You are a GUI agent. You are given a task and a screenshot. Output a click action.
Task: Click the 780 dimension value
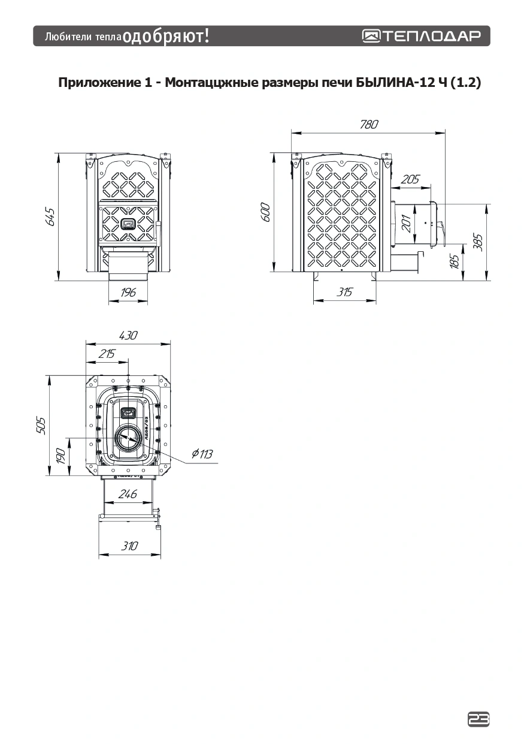[369, 124]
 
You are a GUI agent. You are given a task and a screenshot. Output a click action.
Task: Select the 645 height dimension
[50, 217]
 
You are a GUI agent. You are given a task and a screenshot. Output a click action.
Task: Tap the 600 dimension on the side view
[266, 212]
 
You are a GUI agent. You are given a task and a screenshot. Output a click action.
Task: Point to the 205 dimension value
[410, 179]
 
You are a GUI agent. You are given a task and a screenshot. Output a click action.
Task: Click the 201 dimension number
[406, 223]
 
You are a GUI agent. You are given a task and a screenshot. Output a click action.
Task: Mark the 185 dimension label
[455, 261]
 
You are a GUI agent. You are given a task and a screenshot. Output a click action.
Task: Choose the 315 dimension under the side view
[344, 292]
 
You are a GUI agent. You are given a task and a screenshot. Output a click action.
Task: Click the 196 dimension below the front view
[128, 293]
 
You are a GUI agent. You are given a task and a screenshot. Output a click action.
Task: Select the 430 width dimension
[128, 336]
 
